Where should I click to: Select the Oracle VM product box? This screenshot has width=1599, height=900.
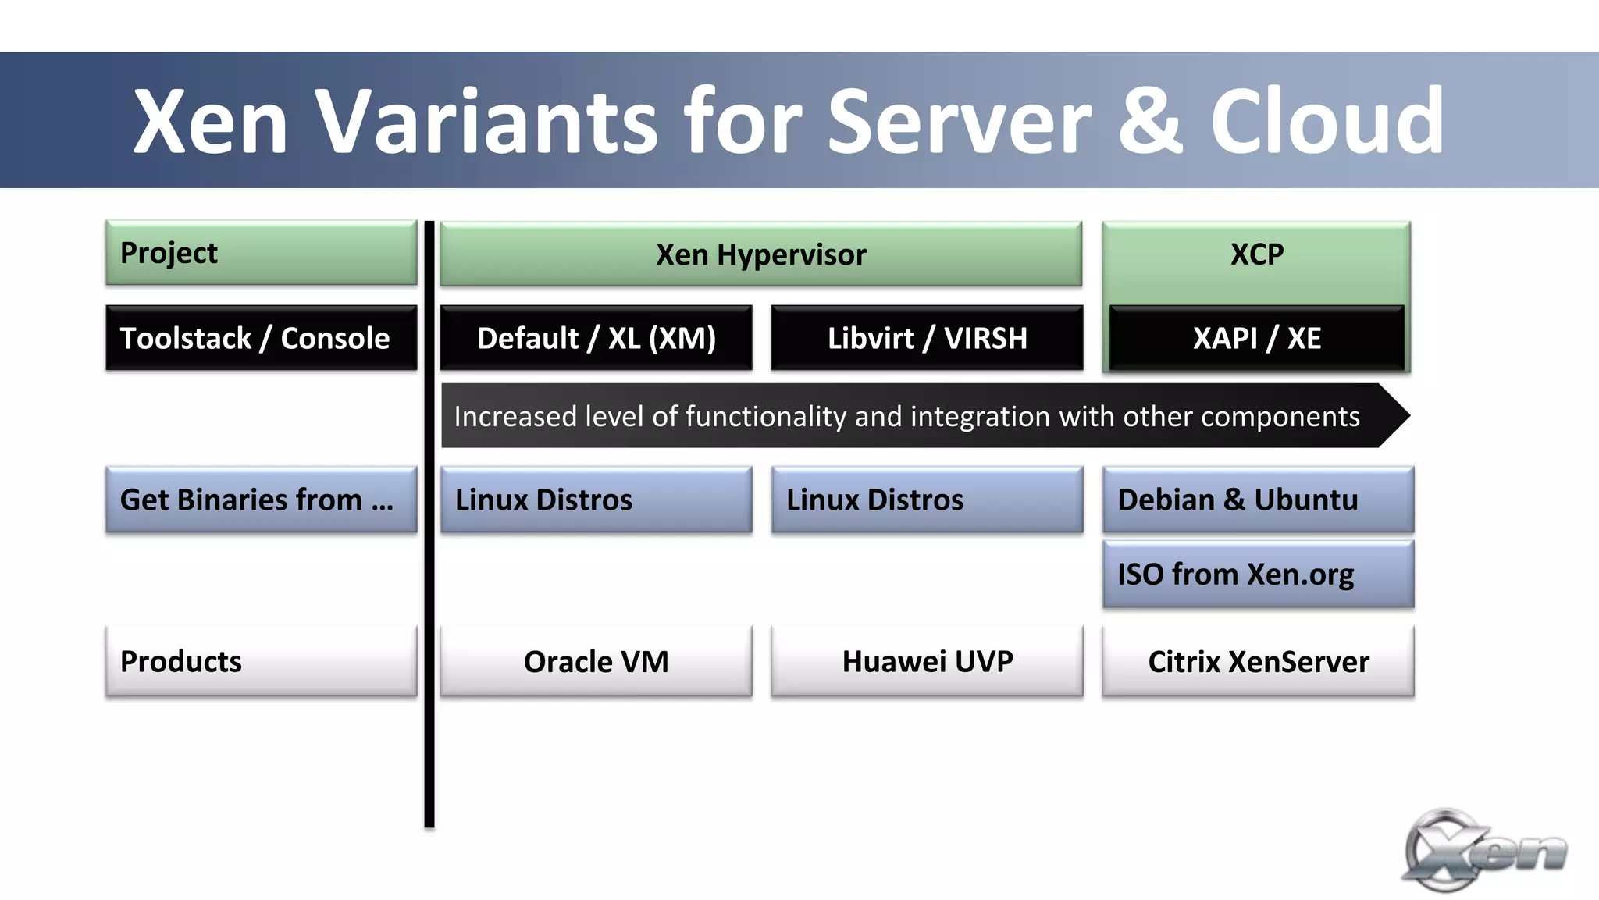[x=596, y=661]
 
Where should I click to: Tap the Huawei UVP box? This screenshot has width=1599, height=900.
[x=927, y=661]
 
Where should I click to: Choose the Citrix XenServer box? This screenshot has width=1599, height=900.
[x=1258, y=661]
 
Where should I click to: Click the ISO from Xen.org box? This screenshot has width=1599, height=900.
[x=1258, y=575]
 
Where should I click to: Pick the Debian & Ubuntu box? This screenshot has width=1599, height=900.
[x=1258, y=500]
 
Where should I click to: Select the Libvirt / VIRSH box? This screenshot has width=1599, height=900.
[x=927, y=338]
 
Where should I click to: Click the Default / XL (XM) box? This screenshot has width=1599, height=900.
[x=596, y=338]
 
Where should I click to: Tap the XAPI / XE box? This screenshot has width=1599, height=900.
[x=1256, y=338]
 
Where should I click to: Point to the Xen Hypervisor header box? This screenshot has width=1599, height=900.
[x=760, y=254]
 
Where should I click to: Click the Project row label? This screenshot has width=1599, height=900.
[x=261, y=253]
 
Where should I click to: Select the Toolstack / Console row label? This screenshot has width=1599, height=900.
[x=261, y=338]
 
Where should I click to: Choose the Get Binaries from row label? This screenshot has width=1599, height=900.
[x=261, y=500]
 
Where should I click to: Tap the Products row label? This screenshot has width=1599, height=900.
[x=261, y=661]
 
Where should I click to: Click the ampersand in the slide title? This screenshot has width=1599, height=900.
[x=1150, y=123]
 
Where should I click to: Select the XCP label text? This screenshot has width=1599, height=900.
[x=1256, y=254]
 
